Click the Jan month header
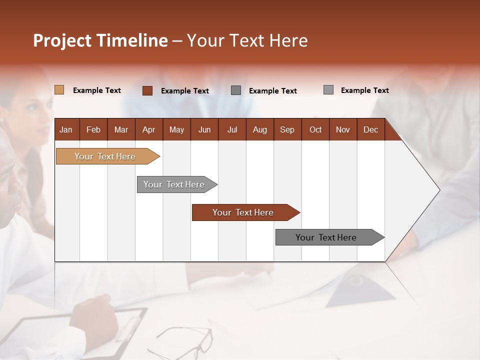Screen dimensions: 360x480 coord(66,129)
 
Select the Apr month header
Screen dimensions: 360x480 coord(148,129)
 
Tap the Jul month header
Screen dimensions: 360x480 coord(232,129)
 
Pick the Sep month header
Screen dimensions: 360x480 coord(287,129)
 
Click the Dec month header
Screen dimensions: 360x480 coord(370,129)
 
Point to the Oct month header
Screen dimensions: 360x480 coord(315,129)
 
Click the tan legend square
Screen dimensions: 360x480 coord(59,90)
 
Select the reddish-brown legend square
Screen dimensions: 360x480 coord(147,90)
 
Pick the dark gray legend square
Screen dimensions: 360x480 coord(236,90)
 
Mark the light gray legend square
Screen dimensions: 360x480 coord(328,90)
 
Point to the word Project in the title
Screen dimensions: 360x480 coord(62,40)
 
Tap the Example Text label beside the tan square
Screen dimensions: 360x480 coord(97,90)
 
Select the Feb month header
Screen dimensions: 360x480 coord(93,129)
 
